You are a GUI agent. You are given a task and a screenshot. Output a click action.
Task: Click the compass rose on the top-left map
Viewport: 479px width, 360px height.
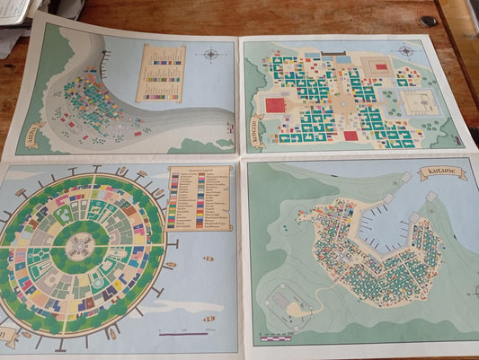211,54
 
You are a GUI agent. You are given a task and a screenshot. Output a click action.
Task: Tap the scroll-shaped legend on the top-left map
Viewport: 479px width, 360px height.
161,74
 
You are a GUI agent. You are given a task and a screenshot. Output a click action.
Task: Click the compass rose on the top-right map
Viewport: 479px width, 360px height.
405,51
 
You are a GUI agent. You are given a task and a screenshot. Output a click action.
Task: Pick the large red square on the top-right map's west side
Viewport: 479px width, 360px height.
275,105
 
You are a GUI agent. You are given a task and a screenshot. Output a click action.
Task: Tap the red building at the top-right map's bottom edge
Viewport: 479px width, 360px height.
350,136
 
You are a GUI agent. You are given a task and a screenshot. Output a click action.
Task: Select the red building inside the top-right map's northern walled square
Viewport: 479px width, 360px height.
381,66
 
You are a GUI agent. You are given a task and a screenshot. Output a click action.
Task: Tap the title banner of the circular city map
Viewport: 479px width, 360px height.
7,337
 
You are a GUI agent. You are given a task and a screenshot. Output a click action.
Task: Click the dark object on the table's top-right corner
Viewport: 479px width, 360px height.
429,21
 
